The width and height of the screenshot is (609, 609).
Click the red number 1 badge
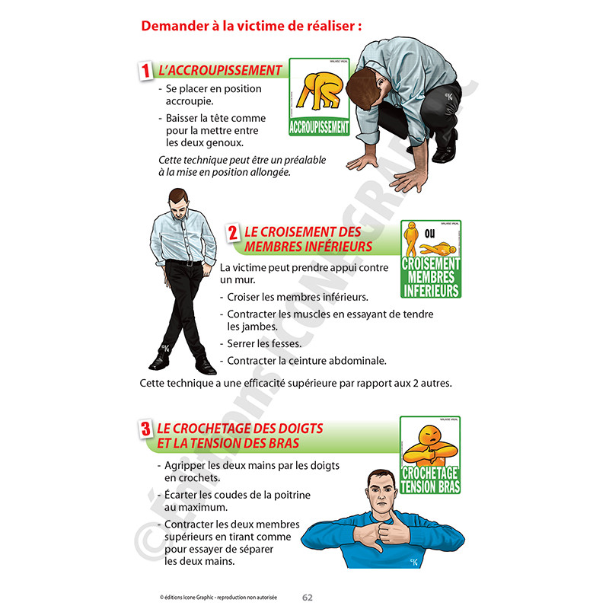(143, 71)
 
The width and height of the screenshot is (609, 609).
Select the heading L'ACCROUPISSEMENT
(219, 71)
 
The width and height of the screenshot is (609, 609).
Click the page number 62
(308, 597)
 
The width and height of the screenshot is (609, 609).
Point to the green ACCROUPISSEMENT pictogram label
(320, 127)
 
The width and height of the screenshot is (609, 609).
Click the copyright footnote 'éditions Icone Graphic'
(218, 598)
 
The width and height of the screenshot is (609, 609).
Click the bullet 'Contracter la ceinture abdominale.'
(302, 360)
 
